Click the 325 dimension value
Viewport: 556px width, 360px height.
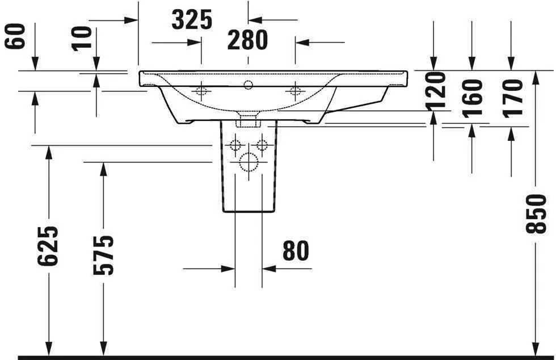(192, 20)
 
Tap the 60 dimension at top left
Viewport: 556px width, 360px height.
(15, 36)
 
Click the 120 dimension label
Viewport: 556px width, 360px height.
(436, 91)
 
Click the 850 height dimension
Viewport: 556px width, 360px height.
(536, 214)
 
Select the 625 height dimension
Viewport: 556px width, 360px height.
(48, 246)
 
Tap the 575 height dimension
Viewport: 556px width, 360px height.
(103, 254)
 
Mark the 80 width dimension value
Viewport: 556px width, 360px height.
(295, 251)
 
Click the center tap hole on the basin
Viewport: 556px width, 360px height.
(247, 86)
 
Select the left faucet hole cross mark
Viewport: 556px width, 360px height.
(201, 91)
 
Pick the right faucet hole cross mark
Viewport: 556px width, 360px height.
(294, 91)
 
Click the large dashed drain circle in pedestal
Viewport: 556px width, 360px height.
(248, 162)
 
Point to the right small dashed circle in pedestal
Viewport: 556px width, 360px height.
(262, 144)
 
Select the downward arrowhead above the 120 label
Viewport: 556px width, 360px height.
(434, 65)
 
